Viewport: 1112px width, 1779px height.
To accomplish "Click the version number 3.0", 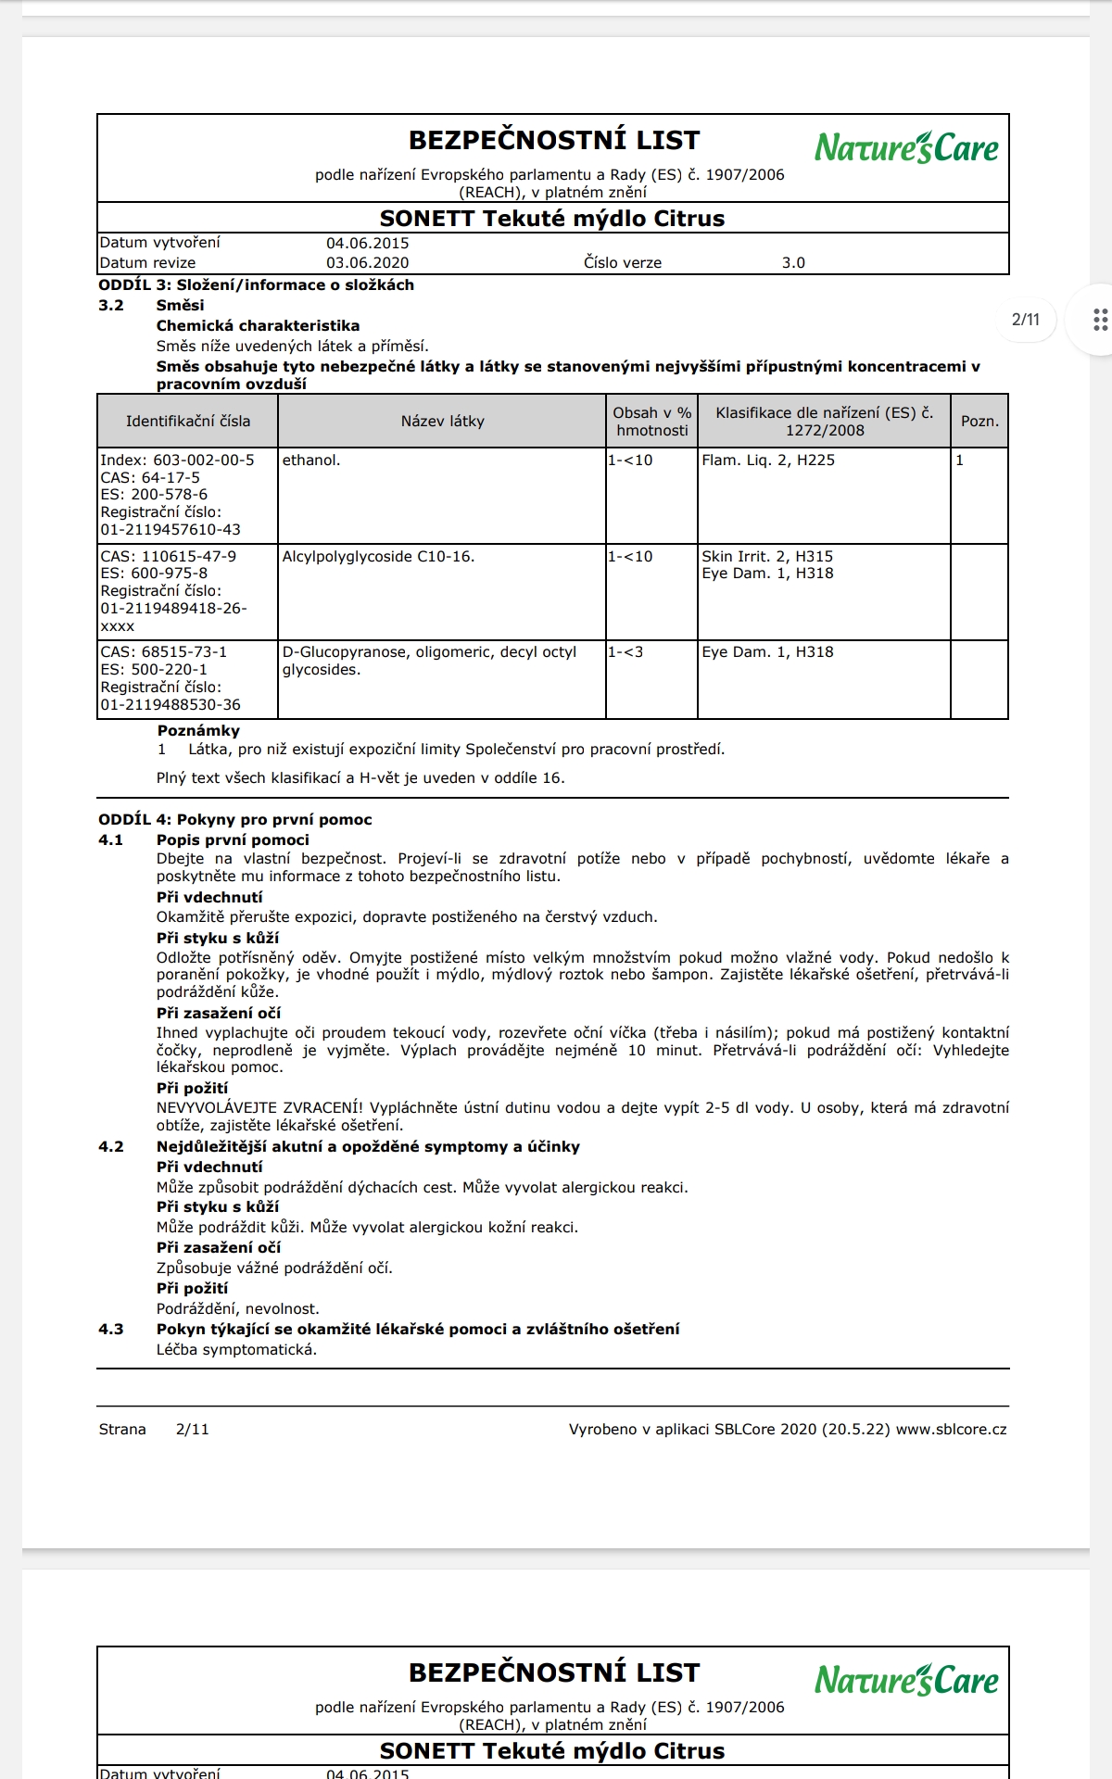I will click(793, 262).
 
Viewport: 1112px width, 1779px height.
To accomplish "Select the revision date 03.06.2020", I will click(367, 262).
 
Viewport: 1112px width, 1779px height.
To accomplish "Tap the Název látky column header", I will click(442, 421).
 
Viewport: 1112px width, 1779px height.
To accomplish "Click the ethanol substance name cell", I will click(311, 460).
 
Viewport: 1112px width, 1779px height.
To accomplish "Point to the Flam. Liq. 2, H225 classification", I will click(768, 460).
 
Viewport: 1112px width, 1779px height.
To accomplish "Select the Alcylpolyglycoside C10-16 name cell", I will click(378, 556).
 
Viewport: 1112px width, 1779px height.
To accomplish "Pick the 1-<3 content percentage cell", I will click(625, 651).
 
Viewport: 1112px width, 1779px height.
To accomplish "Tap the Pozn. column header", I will click(979, 421).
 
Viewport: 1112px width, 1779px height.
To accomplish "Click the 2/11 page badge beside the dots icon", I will click(1025, 320).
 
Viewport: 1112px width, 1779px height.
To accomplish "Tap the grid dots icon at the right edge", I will click(1100, 320).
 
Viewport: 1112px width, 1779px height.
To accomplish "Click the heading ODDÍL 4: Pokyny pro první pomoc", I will click(235, 819).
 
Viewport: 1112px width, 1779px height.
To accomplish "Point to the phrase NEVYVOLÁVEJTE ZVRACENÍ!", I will click(259, 1107).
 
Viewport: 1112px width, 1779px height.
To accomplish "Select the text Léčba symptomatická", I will click(236, 1349).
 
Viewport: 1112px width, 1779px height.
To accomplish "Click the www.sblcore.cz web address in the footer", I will click(951, 1429).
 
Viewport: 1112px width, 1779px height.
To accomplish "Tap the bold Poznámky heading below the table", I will click(198, 730).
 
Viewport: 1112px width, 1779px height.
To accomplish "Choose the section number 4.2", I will click(111, 1146).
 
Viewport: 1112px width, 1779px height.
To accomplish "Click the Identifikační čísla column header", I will click(188, 421).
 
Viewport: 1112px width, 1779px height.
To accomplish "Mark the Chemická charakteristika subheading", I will click(258, 325).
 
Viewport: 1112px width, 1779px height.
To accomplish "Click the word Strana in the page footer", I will click(122, 1429).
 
